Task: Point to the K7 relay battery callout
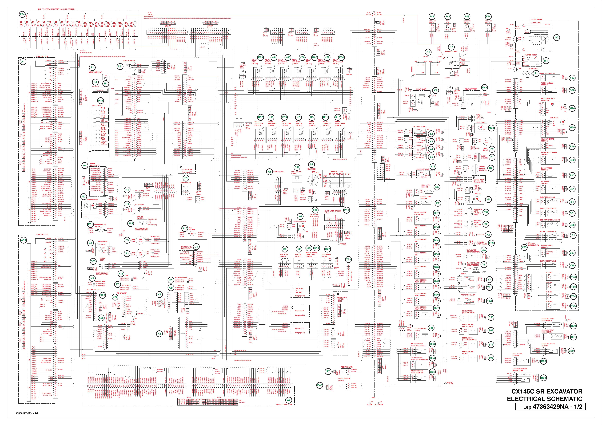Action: tap(451, 47)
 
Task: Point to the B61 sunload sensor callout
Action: tap(120, 67)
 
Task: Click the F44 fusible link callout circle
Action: tap(488, 16)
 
